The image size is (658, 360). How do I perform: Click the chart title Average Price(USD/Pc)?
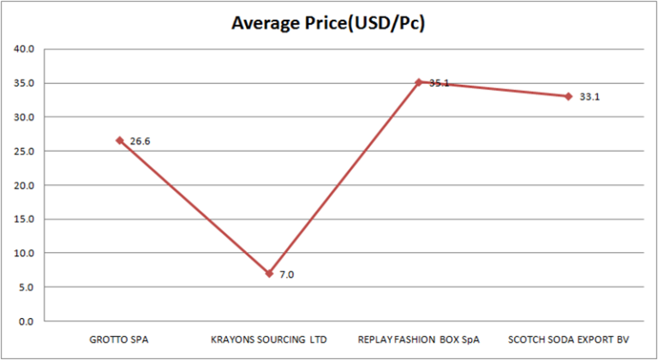[329, 23]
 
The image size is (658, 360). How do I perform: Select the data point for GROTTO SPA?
[120, 140]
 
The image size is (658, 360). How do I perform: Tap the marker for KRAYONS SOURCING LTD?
[269, 273]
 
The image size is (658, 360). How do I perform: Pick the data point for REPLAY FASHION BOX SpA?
[418, 82]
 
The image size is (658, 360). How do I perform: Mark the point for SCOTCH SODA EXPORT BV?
[567, 96]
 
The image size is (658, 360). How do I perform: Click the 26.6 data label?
[141, 141]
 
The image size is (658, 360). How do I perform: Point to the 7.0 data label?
[287, 275]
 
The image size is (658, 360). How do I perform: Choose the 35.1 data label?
[439, 83]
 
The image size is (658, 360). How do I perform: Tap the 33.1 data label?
[589, 97]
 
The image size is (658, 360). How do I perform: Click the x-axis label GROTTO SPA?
[120, 339]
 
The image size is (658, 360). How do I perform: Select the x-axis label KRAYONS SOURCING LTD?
[269, 339]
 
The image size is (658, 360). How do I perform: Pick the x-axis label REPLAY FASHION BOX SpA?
[418, 339]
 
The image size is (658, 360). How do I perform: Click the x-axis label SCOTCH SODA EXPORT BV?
[567, 339]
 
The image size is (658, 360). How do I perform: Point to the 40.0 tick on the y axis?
[23, 49]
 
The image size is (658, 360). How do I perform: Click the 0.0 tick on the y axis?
[26, 321]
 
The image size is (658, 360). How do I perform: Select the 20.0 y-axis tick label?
[23, 185]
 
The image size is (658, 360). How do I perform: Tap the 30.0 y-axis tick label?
[23, 117]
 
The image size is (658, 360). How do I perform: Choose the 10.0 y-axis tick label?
[23, 253]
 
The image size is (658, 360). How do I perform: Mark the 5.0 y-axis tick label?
[26, 287]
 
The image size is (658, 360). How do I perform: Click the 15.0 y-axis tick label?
[23, 219]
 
